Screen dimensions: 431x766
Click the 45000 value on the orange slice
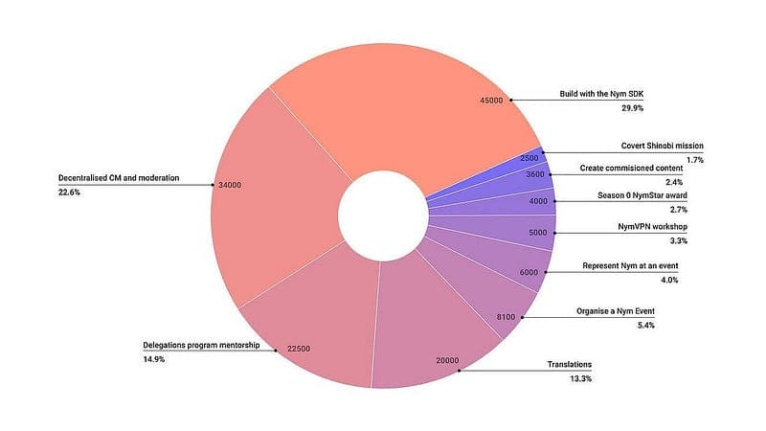point(490,100)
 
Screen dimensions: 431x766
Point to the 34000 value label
point(232,184)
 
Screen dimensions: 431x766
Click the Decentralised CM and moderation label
point(119,177)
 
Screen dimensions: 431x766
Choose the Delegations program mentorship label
point(194,345)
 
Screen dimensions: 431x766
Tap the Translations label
point(569,365)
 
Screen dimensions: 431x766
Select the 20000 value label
point(447,361)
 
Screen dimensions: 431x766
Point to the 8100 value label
point(507,317)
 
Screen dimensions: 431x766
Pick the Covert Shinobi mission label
point(662,145)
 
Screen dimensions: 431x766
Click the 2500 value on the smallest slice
point(529,157)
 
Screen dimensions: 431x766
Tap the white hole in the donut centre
point(383,216)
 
